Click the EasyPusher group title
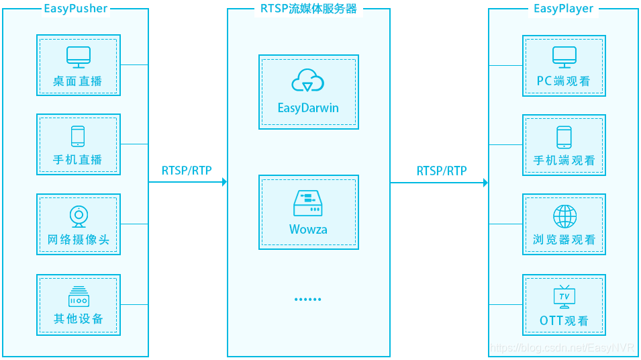tap(75, 9)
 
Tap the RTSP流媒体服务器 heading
tap(308, 9)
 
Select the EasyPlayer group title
tap(563, 9)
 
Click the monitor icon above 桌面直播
tap(78, 57)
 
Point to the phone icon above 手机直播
tap(78, 136)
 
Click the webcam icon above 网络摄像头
tap(79, 216)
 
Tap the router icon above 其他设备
tap(79, 296)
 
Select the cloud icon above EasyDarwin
tap(308, 81)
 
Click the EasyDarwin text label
tap(308, 108)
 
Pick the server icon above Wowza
tap(308, 202)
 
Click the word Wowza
tap(308, 230)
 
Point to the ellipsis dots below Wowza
tap(308, 300)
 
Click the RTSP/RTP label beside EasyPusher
tap(187, 171)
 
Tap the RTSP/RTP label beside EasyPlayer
tap(441, 171)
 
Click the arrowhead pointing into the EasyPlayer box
tap(485, 182)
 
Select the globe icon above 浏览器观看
tap(564, 216)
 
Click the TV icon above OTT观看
tap(564, 296)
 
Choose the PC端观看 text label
tap(564, 82)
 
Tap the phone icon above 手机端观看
tap(564, 136)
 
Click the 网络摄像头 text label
tap(79, 240)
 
